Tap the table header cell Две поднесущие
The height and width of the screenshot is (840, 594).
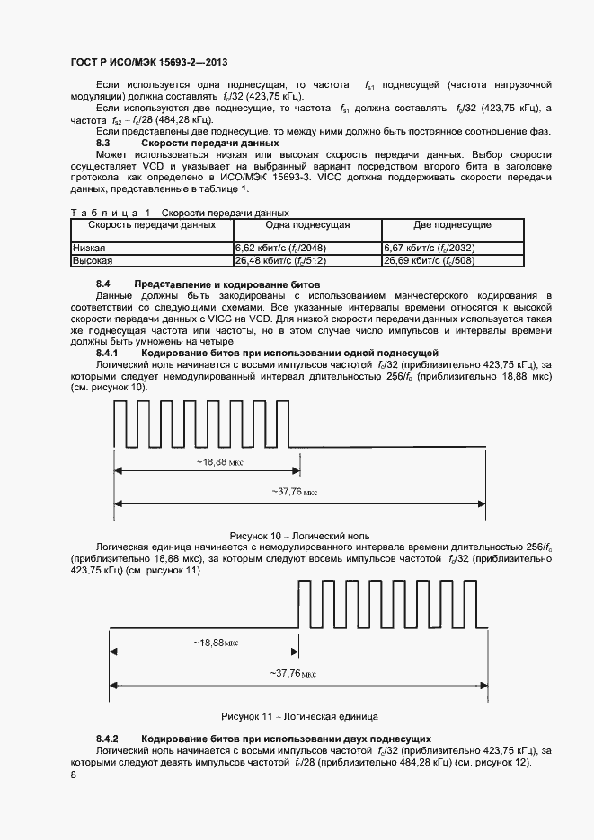464,225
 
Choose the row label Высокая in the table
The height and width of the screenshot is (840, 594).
92,260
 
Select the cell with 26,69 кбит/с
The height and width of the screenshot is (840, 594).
429,260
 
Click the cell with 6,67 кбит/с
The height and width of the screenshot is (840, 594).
429,248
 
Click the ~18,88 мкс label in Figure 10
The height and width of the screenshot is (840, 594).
207,461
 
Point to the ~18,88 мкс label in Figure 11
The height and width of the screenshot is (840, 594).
202,643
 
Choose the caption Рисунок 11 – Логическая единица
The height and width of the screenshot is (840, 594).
299,716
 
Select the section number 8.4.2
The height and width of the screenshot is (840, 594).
108,737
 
